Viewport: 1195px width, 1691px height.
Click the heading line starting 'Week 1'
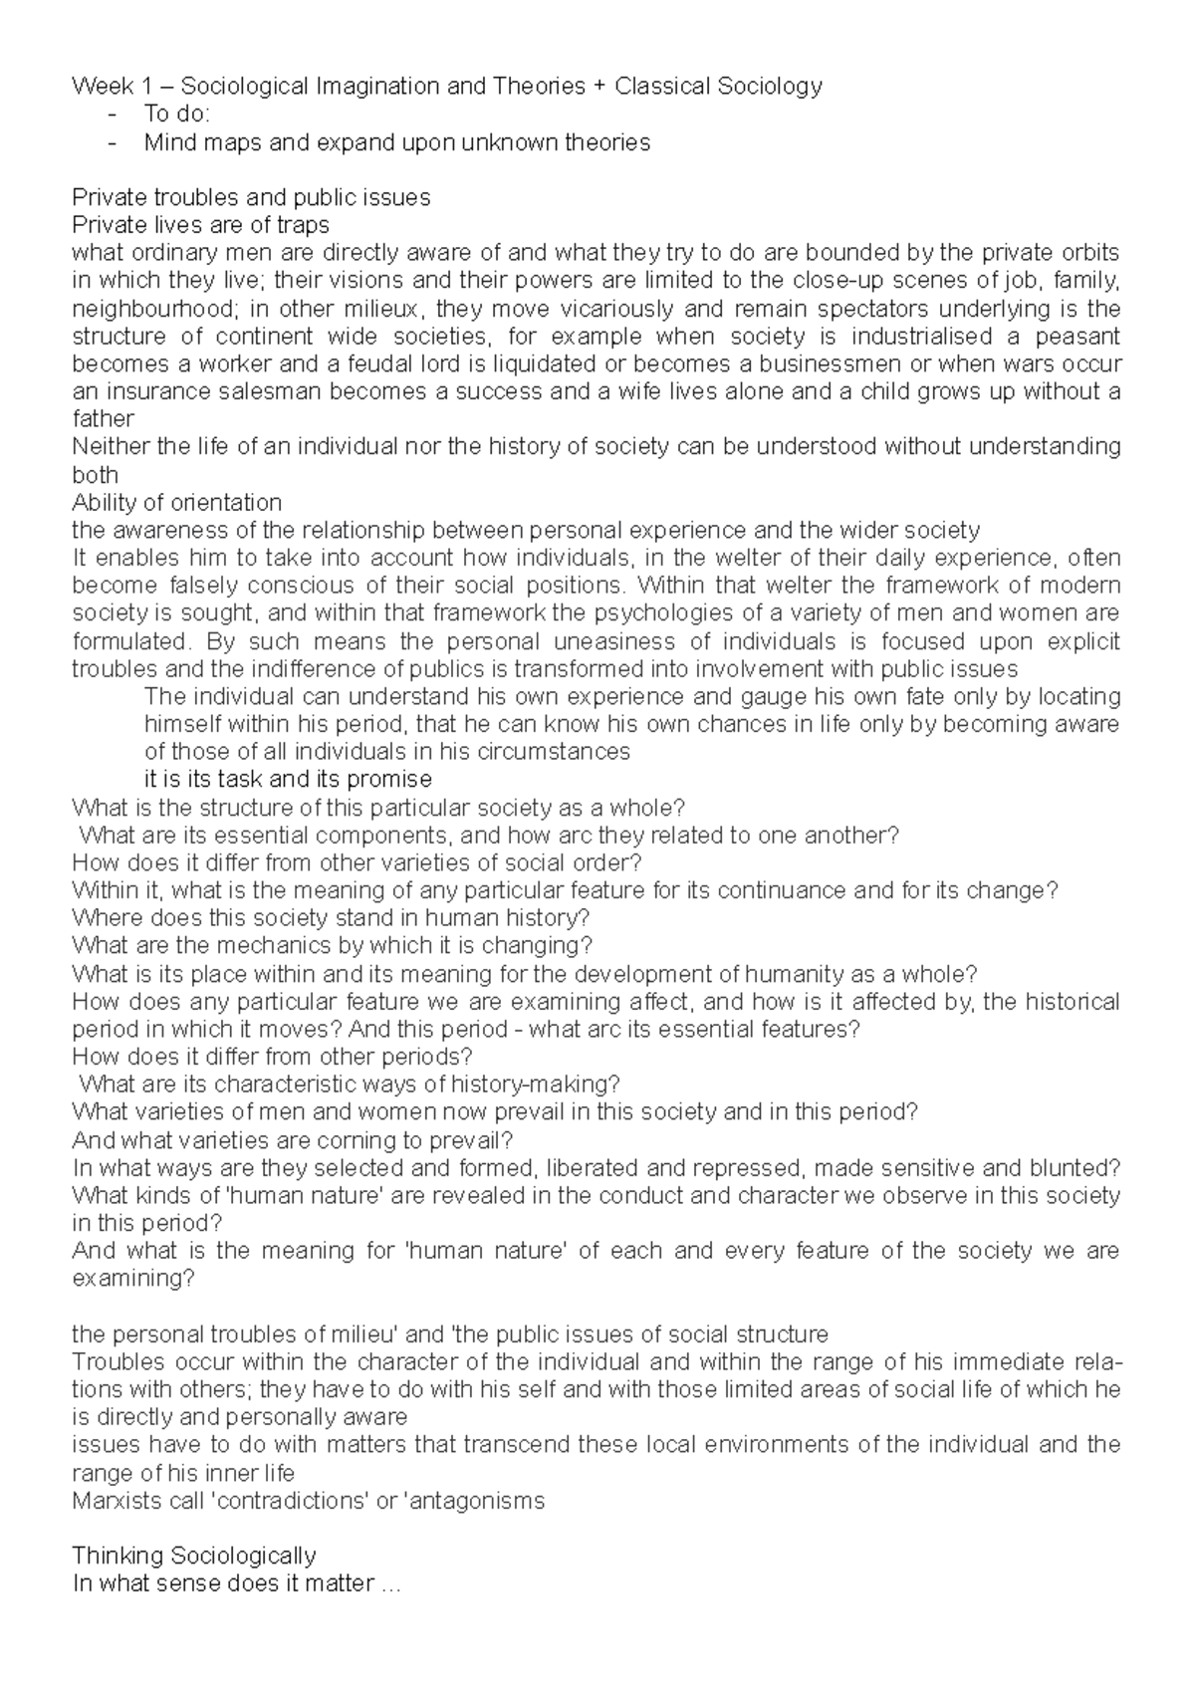[447, 87]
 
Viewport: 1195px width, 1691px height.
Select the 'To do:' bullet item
[176, 115]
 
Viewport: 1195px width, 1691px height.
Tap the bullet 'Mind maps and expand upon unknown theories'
[396, 142]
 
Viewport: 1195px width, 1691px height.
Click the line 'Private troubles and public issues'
[251, 197]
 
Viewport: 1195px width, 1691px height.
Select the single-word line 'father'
[103, 419]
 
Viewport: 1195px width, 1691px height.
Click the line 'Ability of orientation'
[177, 502]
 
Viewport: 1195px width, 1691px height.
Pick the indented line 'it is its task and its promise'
[288, 779]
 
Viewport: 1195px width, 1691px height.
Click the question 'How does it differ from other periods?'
[272, 1056]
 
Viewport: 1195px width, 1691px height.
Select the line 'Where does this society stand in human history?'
[331, 917]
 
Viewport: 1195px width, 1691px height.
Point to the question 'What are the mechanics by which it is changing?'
[333, 945]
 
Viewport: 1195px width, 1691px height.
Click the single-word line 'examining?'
[133, 1278]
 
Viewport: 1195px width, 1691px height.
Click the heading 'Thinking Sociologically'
[194, 1556]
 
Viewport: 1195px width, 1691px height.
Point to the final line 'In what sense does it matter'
[235, 1583]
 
